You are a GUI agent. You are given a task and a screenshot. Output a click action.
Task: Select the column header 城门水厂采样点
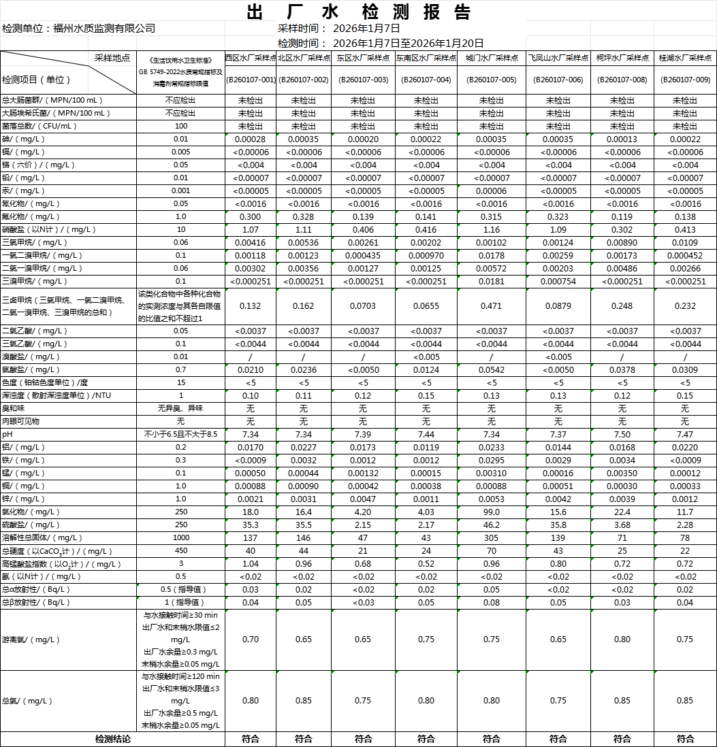[x=491, y=59]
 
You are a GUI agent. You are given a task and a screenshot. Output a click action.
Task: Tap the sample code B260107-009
[x=685, y=80]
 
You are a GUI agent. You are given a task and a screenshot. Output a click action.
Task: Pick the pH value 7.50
[x=622, y=434]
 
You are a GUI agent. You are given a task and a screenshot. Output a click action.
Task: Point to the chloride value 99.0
[x=491, y=512]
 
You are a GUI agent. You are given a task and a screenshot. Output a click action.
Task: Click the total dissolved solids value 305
[x=491, y=537]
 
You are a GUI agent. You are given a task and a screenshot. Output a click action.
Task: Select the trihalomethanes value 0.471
[x=491, y=306]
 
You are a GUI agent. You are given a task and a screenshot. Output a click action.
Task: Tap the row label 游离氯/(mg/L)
[x=31, y=640]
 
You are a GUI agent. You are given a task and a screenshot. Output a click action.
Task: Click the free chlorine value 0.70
[x=251, y=640]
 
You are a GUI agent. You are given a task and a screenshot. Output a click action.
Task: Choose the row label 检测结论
[x=112, y=739]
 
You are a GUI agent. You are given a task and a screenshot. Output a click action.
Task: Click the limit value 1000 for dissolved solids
[x=181, y=537]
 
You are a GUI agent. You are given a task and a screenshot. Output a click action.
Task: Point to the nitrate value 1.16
[x=491, y=230]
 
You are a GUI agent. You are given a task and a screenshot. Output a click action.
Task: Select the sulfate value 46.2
[x=491, y=525]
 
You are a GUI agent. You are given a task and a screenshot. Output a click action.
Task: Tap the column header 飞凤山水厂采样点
[x=558, y=59]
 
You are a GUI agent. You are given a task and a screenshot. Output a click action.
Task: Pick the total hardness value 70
[x=491, y=550]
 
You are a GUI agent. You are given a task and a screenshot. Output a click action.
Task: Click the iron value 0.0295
[x=491, y=460]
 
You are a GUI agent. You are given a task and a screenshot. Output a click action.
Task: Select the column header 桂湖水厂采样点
[x=685, y=59]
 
